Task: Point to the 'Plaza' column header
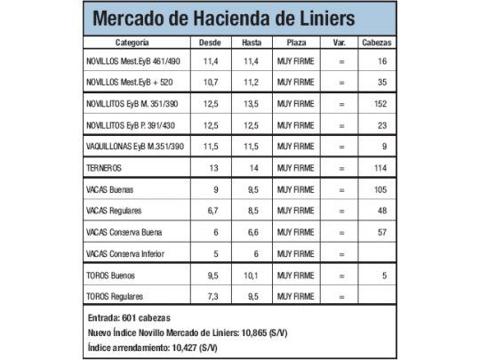(x=296, y=43)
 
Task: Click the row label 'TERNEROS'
(x=105, y=167)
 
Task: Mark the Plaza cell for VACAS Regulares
(x=296, y=212)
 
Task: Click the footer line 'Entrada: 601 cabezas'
(x=130, y=317)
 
